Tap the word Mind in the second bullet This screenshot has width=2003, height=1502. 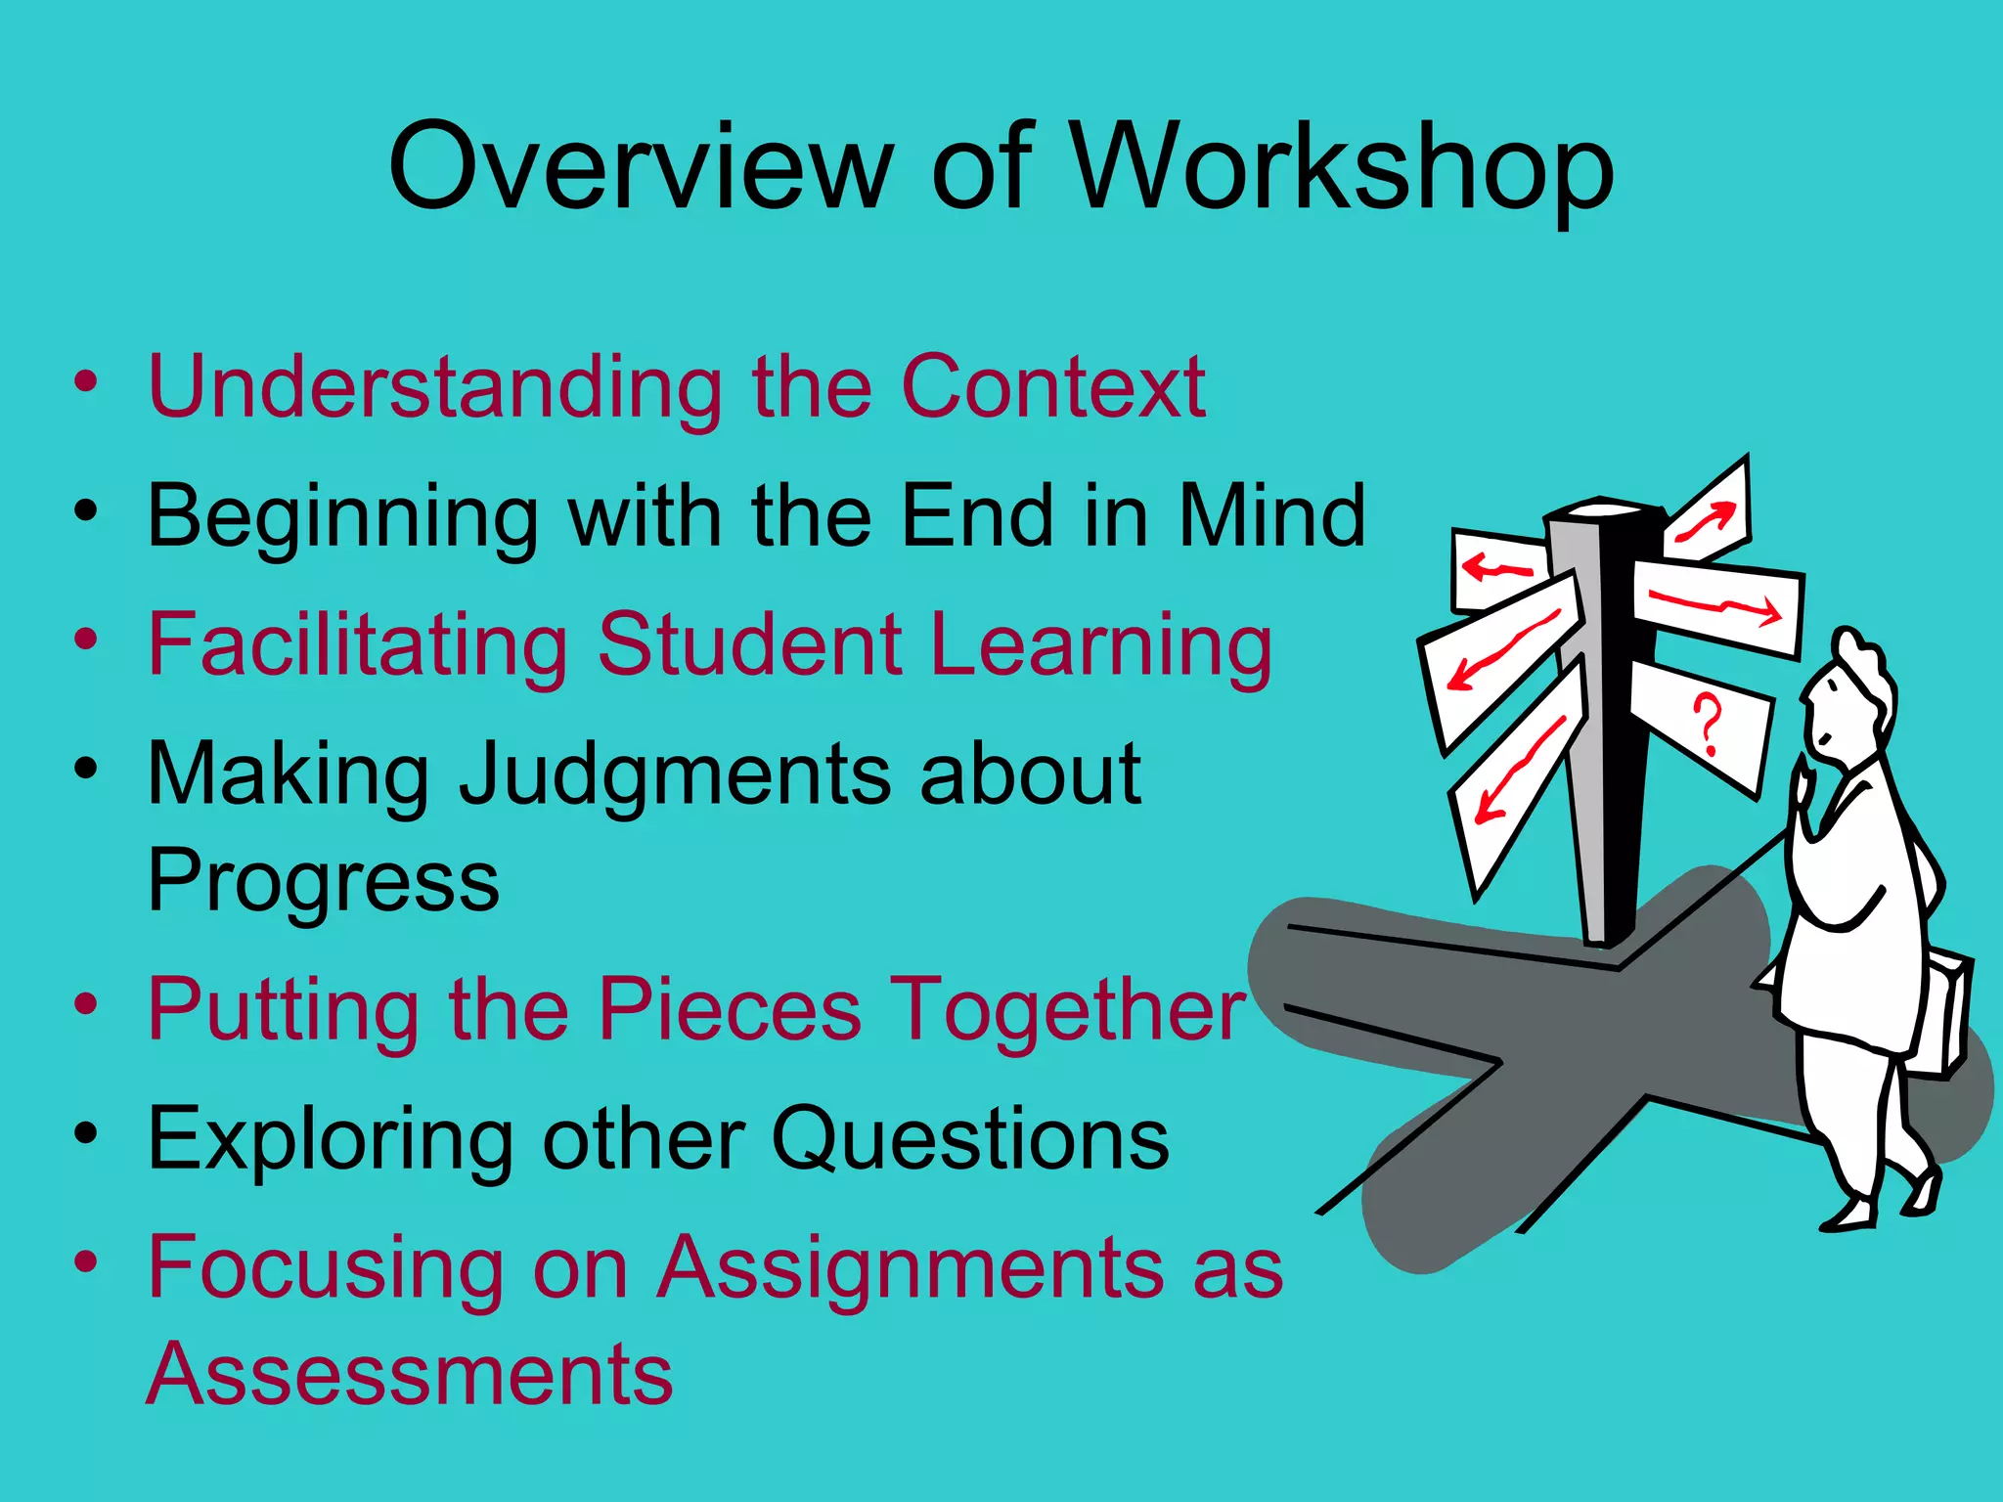pyautogui.click(x=1270, y=515)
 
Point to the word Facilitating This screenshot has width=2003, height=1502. pyautogui.click(x=358, y=645)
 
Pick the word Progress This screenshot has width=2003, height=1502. pyautogui.click(x=323, y=881)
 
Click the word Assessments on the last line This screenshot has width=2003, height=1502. pyautogui.click(x=410, y=1374)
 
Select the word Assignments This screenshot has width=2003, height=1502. pyautogui.click(x=910, y=1269)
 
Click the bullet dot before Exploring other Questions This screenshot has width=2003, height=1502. pyautogui.click(x=86, y=1134)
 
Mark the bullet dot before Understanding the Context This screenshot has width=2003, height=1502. pyautogui.click(x=86, y=382)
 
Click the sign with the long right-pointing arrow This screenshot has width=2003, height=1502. pyautogui.click(x=1716, y=605)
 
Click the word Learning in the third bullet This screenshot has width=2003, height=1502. pyautogui.click(x=1102, y=645)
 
